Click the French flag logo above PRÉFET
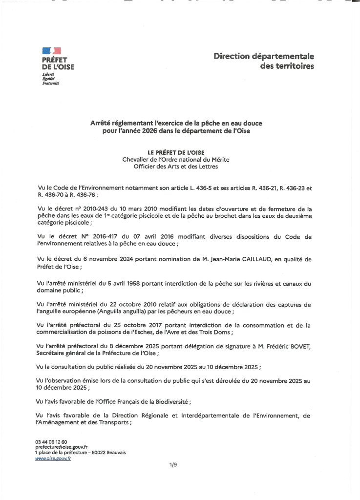click(51, 51)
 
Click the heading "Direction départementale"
click(263, 57)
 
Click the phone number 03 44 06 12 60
click(51, 442)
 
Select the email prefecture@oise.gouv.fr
click(61, 447)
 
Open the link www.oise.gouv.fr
click(53, 458)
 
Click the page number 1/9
click(173, 465)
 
